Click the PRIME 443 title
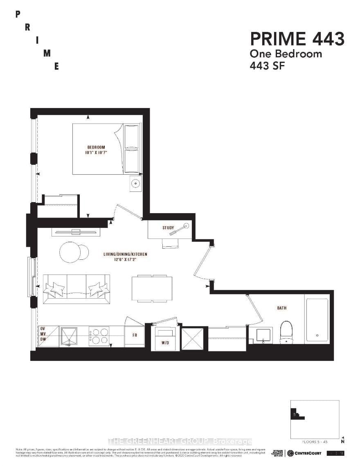[x=297, y=39]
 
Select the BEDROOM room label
[x=96, y=147]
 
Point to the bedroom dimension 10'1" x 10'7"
[x=97, y=153]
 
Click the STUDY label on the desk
[x=168, y=228]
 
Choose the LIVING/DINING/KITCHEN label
[x=125, y=254]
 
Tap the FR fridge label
[x=134, y=334]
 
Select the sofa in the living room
[x=76, y=288]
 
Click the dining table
[x=152, y=289]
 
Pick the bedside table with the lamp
[x=135, y=184]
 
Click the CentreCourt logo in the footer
[x=304, y=453]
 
